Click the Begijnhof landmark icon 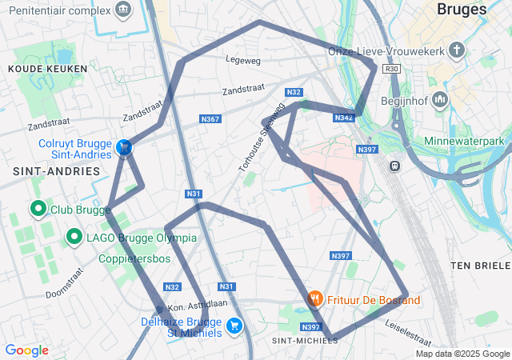click(x=439, y=101)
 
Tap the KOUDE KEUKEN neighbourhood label click(x=36, y=70)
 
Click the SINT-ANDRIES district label click(x=46, y=171)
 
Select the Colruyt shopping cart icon click(x=124, y=147)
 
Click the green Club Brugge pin click(x=37, y=210)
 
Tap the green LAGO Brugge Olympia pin click(x=74, y=238)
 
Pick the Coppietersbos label click(x=134, y=259)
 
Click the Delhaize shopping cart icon click(x=234, y=325)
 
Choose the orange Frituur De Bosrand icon click(x=315, y=299)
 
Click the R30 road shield click(x=391, y=69)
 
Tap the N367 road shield click(x=210, y=119)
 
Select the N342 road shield click(x=343, y=118)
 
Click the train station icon click(x=394, y=166)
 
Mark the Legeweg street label click(x=243, y=59)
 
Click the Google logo click(x=26, y=350)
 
